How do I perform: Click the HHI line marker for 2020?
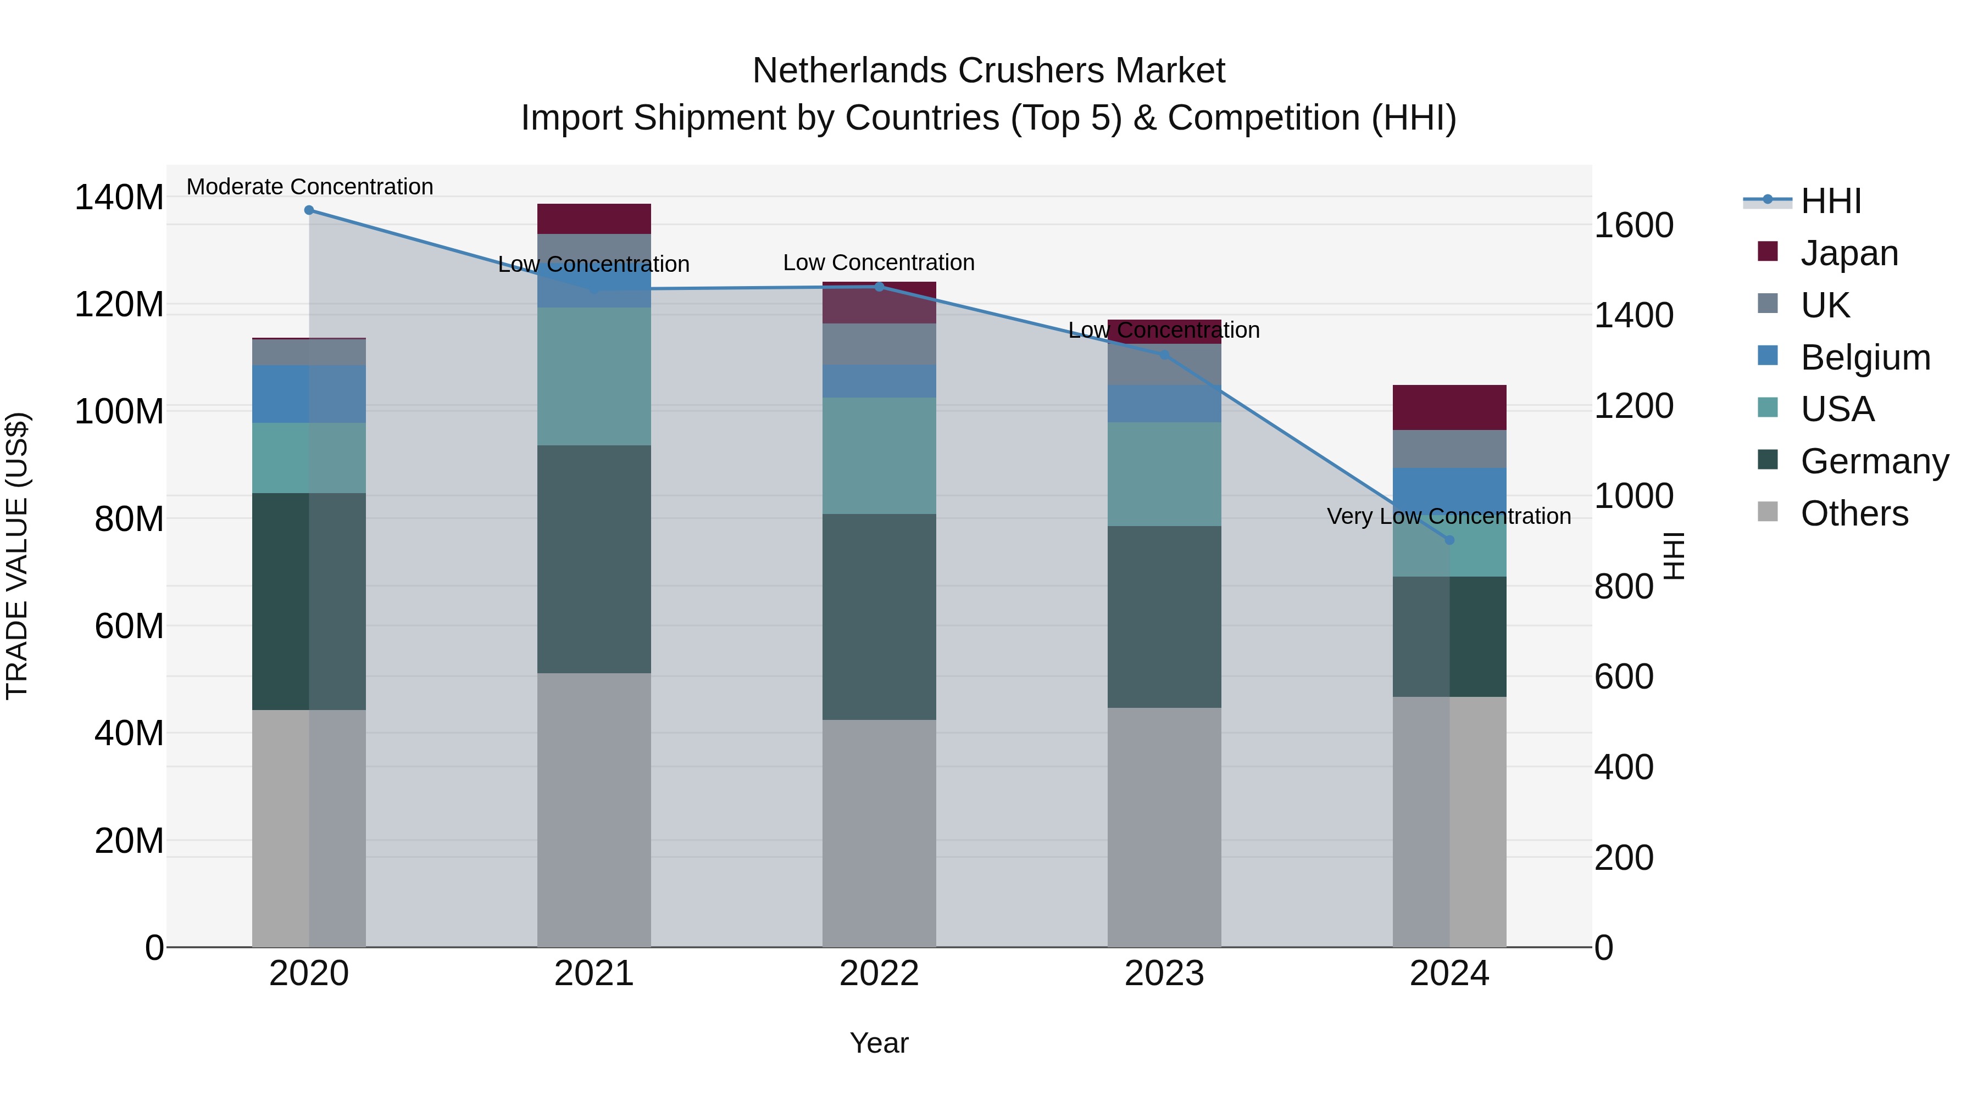(309, 210)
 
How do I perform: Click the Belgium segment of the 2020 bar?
(309, 394)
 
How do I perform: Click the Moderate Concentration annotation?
(309, 187)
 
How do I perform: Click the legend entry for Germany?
(1874, 462)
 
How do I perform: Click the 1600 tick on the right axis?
(1633, 226)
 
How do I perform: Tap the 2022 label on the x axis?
(879, 974)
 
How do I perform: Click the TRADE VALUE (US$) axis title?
(17, 556)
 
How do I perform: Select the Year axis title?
(879, 1043)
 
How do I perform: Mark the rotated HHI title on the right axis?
(1674, 556)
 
